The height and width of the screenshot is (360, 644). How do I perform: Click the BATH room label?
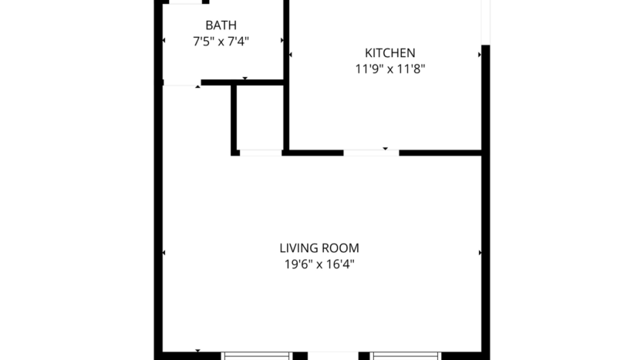[x=221, y=25]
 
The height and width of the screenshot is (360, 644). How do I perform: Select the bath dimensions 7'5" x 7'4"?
[x=221, y=42]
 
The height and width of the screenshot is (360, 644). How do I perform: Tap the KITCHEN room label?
[x=390, y=53]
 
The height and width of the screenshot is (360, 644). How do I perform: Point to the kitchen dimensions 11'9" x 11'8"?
[x=390, y=69]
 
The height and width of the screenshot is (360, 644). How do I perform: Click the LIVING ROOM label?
[x=319, y=248]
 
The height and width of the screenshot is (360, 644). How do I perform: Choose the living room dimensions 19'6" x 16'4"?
[x=319, y=264]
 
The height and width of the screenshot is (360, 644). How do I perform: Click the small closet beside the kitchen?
[x=260, y=118]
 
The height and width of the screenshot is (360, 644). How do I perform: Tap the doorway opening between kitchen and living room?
[x=371, y=153]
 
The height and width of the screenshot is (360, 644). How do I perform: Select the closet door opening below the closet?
[x=260, y=153]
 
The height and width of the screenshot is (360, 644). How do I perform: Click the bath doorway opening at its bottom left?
[x=182, y=83]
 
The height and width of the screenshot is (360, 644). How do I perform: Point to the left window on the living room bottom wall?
[x=257, y=355]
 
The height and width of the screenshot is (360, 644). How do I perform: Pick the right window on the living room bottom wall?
[x=406, y=355]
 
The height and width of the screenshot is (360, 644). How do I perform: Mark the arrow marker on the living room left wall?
[x=164, y=252]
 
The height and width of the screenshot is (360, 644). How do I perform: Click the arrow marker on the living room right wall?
[x=480, y=252]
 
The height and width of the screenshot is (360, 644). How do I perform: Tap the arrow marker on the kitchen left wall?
[x=290, y=56]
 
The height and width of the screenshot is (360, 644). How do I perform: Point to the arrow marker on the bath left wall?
[x=164, y=40]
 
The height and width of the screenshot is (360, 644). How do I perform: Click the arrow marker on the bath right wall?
[x=282, y=40]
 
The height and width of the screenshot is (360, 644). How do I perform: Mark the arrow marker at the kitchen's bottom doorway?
[x=386, y=147]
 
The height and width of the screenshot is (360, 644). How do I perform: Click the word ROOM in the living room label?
[x=342, y=248]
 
